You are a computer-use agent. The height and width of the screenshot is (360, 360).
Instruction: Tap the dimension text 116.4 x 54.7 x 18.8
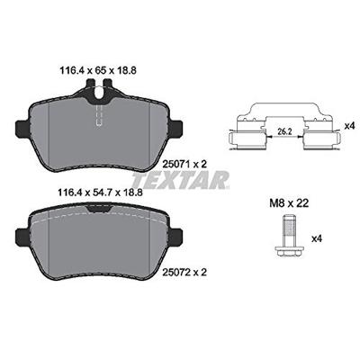100,192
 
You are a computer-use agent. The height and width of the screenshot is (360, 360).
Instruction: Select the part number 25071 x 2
184,164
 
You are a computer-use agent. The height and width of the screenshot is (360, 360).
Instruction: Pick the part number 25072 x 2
184,273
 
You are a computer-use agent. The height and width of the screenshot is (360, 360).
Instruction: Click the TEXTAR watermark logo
181,181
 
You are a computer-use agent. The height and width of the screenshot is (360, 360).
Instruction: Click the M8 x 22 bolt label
288,203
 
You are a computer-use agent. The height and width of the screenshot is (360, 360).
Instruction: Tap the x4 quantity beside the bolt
317,238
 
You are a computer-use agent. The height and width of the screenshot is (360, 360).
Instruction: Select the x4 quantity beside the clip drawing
349,126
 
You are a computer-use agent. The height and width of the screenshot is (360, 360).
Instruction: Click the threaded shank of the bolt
290,232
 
